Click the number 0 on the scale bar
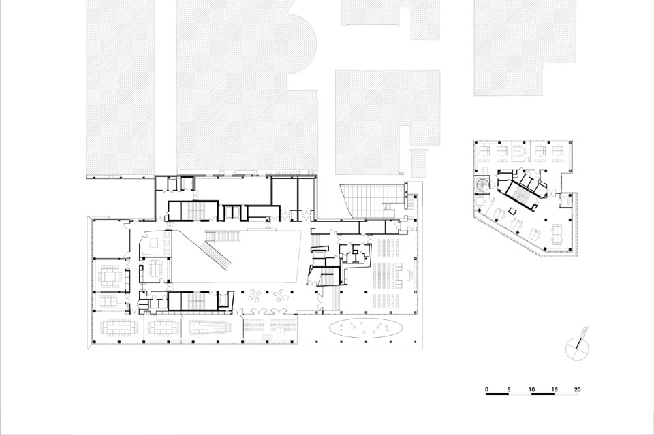486,389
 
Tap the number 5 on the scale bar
509,389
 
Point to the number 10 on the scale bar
531,389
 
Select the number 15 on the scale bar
555,389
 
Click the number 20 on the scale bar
577,389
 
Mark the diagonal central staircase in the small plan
520,194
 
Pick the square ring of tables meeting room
110,276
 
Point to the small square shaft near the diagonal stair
512,210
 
